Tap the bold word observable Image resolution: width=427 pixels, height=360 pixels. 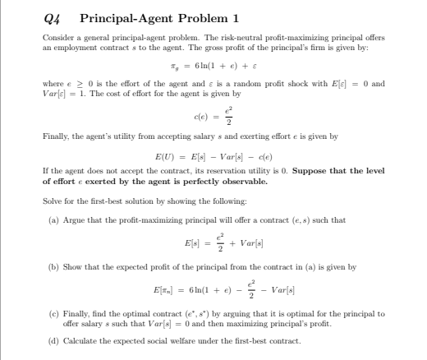[241, 181]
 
